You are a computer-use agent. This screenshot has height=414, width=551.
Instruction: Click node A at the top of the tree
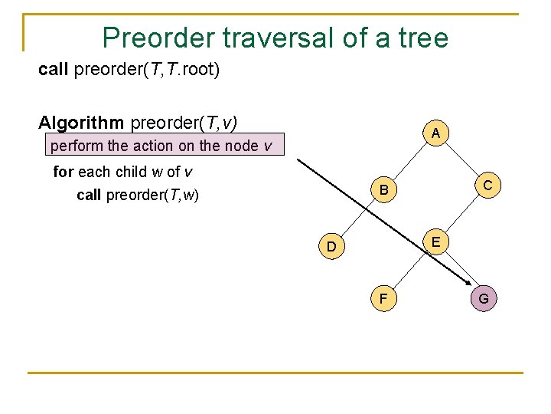[x=435, y=133]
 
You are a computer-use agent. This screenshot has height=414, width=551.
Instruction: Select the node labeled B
[x=384, y=189]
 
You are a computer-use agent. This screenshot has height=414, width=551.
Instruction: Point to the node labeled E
[x=435, y=242]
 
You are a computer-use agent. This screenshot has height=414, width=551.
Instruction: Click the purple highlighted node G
[x=484, y=298]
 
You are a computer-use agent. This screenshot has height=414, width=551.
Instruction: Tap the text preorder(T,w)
[x=152, y=195]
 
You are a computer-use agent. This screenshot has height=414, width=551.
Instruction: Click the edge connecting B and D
[x=358, y=218]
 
